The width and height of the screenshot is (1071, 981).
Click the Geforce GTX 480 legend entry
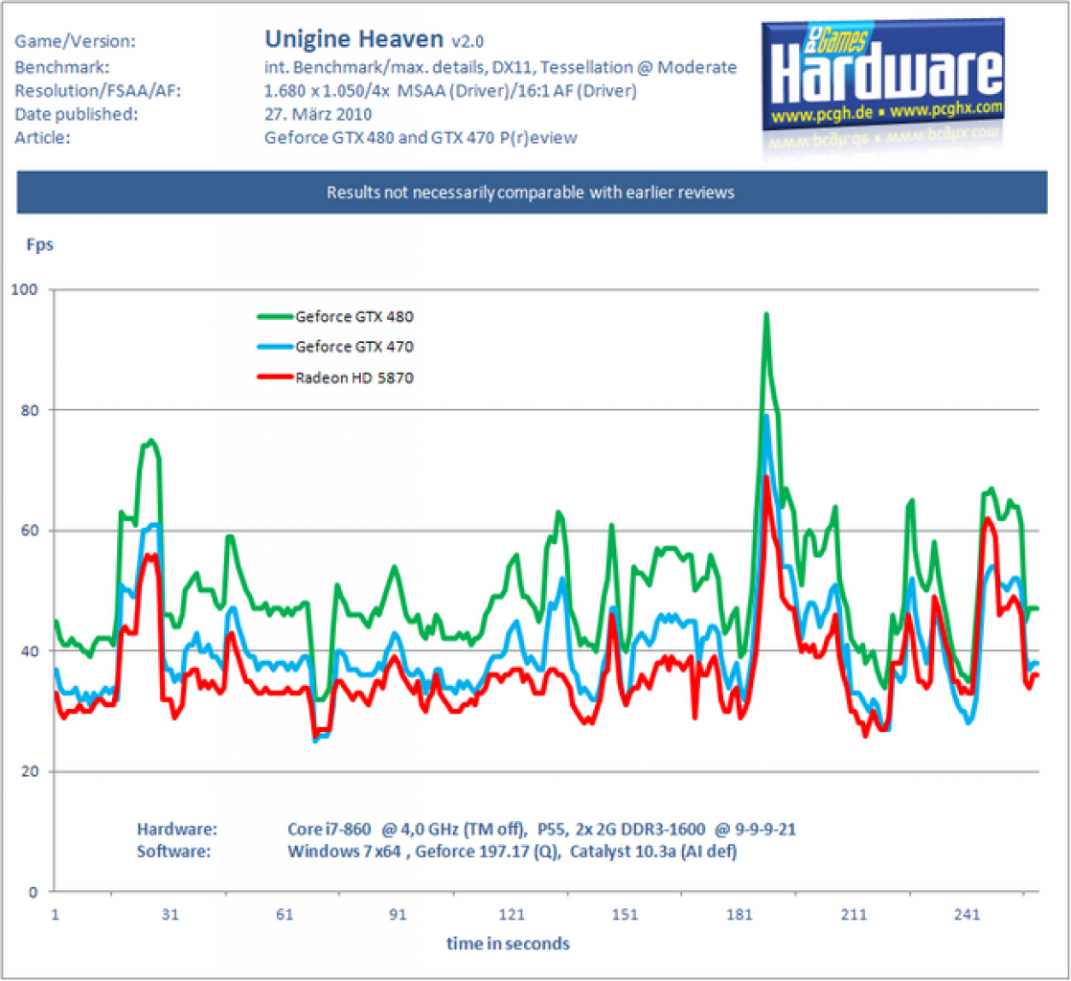(x=335, y=316)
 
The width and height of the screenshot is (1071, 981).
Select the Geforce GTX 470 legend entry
(x=335, y=347)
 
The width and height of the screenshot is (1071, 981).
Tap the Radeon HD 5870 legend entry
(x=335, y=377)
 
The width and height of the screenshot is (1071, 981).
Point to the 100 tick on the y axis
(x=25, y=289)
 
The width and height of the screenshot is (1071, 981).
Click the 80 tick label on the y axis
(x=30, y=410)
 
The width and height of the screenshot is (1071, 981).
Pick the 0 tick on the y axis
(x=33, y=892)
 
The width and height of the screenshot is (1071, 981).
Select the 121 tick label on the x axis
(x=512, y=914)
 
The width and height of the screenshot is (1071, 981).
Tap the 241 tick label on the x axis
(x=967, y=914)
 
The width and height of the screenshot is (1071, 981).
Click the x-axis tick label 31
(x=171, y=914)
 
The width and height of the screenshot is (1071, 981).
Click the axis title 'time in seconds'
(x=508, y=944)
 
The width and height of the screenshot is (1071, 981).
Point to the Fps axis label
(x=39, y=244)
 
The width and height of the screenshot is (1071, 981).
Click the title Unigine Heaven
(x=353, y=39)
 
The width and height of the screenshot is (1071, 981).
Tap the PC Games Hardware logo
(x=882, y=75)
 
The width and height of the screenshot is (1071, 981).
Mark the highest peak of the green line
(x=766, y=314)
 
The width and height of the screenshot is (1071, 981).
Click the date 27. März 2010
(x=318, y=114)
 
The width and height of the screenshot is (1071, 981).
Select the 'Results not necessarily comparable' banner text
(x=531, y=193)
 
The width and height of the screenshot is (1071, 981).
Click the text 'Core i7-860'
(x=330, y=830)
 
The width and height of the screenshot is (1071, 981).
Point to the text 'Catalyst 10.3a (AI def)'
(x=653, y=852)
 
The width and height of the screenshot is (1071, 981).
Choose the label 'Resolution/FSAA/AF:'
(x=99, y=91)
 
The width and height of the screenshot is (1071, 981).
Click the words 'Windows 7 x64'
(x=344, y=852)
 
